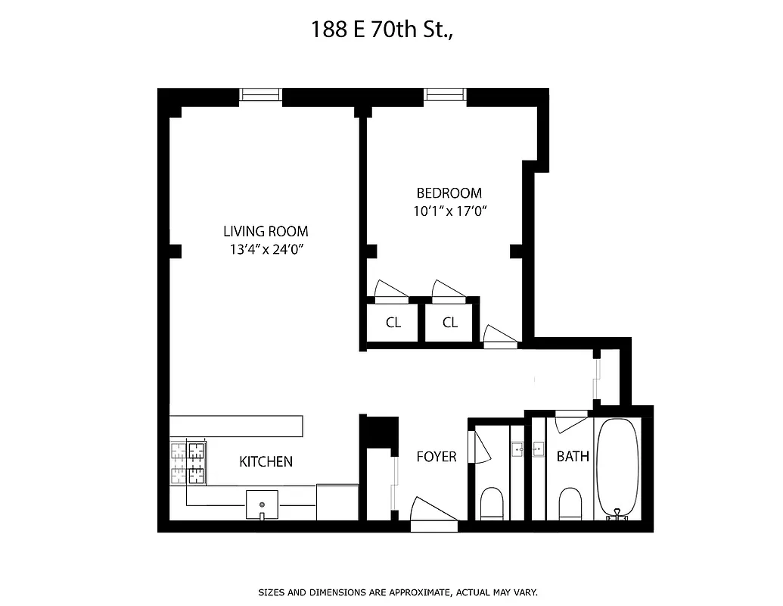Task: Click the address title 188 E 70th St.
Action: (x=391, y=30)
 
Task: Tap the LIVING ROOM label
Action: (x=266, y=232)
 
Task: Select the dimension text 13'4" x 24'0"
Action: (x=266, y=250)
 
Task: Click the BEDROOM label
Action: (x=449, y=193)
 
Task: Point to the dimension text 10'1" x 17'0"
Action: (x=449, y=212)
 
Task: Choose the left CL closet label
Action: (x=393, y=323)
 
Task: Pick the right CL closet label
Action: (x=450, y=323)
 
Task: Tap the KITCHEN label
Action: (x=266, y=461)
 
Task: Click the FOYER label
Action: (x=437, y=457)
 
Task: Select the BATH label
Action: (x=573, y=457)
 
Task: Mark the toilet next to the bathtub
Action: (x=570, y=503)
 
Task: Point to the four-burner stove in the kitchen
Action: (x=187, y=464)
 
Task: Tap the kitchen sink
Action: (x=262, y=504)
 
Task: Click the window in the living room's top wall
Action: (x=261, y=95)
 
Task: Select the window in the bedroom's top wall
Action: (x=445, y=95)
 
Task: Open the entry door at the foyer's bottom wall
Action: (x=433, y=512)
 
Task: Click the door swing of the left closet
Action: (x=390, y=289)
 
